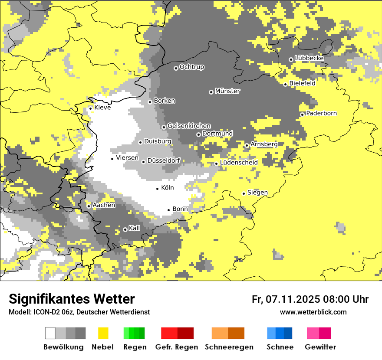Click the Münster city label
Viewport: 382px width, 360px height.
227,91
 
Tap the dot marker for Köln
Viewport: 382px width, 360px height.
158,189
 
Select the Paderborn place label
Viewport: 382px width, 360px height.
321,113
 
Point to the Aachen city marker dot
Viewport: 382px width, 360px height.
89,206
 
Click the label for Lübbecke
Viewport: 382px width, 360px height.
309,58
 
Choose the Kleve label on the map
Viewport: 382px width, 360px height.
102,108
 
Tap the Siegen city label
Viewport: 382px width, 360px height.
257,193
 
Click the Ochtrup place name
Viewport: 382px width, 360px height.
191,67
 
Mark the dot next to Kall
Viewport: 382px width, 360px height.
125,229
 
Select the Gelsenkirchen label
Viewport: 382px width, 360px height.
189,126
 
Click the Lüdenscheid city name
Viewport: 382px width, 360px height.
239,163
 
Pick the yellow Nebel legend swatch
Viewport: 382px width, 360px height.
103,333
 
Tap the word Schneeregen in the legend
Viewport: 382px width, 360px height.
229,347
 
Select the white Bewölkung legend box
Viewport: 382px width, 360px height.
50,333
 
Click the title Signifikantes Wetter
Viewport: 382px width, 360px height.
72,299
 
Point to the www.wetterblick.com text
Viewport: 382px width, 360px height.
313,312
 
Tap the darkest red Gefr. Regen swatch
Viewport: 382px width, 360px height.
186,333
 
